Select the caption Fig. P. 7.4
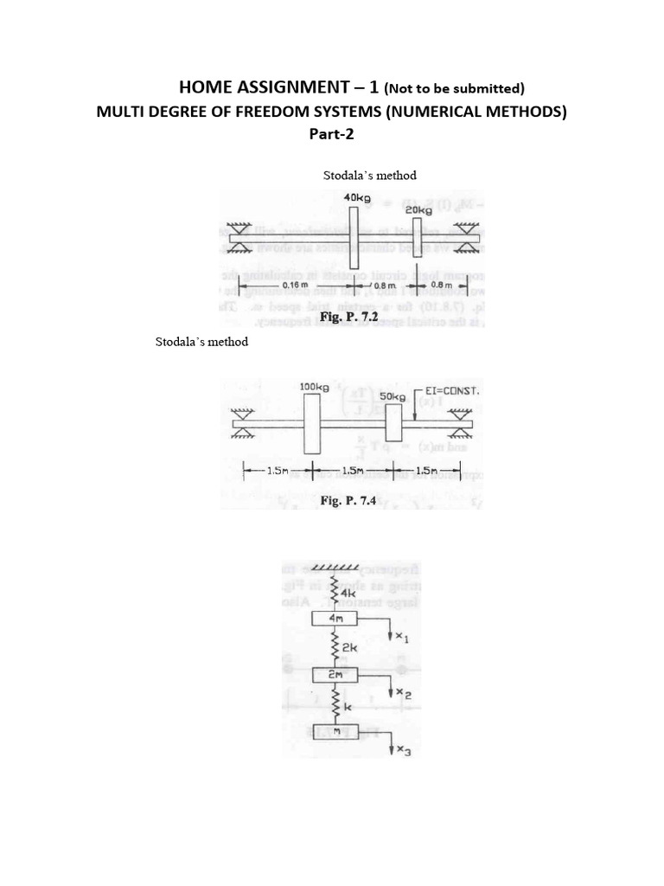point(351,500)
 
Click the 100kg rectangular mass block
point(312,424)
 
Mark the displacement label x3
point(403,752)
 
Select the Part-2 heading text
point(332,135)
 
